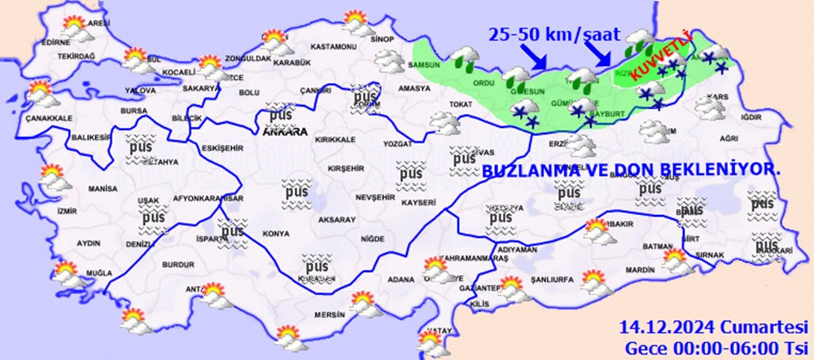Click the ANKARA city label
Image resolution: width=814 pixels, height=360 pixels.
[x=284, y=130]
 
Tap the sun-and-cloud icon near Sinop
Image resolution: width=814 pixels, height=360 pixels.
[x=355, y=20]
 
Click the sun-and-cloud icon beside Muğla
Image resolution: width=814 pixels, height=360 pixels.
[x=66, y=274]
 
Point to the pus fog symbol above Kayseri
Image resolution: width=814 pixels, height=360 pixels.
[x=410, y=173]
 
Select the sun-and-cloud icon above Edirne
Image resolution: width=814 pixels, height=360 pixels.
[x=76, y=28]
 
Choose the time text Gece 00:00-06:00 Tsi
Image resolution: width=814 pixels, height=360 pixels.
[x=714, y=346]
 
